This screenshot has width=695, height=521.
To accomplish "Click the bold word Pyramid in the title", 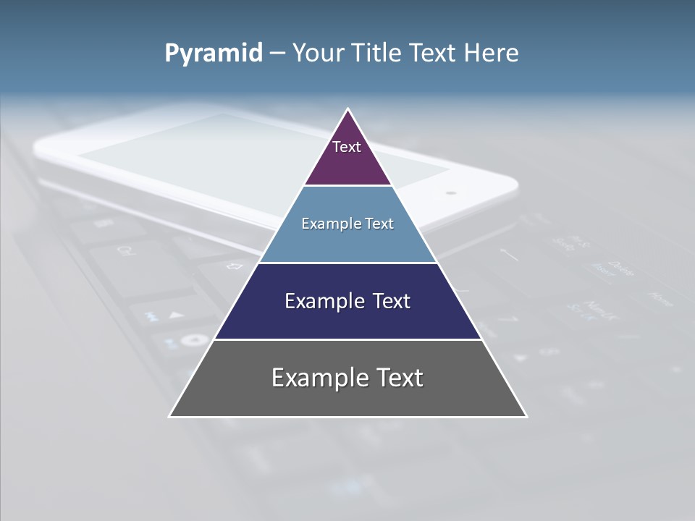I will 213,54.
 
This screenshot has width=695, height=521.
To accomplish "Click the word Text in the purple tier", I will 347,147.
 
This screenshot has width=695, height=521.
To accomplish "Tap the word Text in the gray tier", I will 399,378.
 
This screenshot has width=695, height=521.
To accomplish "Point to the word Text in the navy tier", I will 392,301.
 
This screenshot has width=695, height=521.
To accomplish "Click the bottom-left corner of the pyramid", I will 170,416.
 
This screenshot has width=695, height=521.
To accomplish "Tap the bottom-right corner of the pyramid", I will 526,416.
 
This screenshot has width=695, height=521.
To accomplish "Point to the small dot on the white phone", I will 451,193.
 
